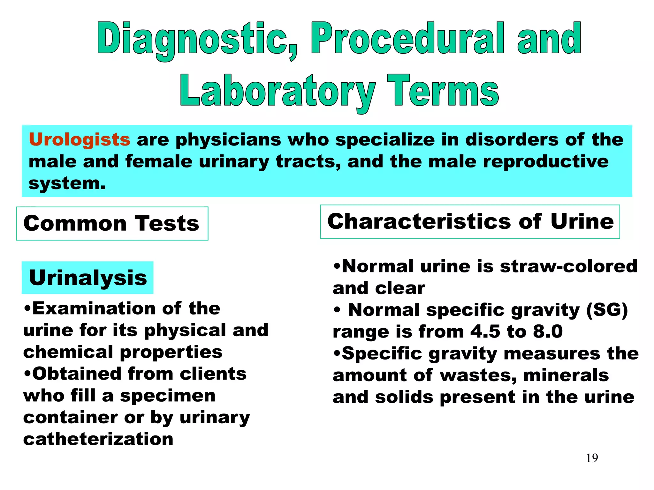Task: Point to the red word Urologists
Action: coord(80,140)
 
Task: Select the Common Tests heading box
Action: coord(112,223)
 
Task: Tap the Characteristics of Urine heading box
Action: coord(470,221)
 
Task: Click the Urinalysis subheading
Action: coord(88,278)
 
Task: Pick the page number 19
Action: coord(592,458)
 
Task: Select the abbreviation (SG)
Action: coord(607,310)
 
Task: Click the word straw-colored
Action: coord(568,266)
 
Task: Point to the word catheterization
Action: coord(98,439)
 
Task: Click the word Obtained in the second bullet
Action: coord(77,374)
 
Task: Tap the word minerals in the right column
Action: coord(566,375)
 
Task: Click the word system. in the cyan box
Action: coord(67,183)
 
